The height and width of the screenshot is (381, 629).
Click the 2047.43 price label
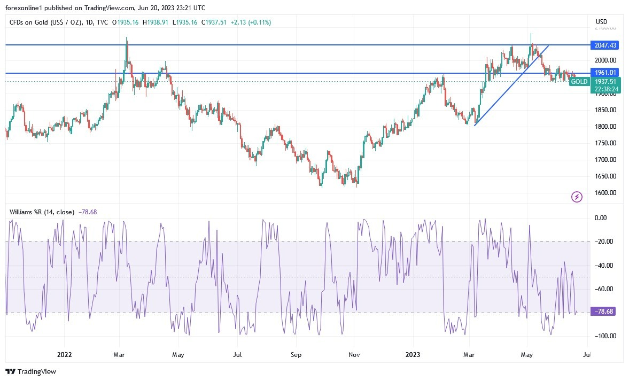(x=603, y=45)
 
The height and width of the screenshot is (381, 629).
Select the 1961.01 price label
(x=603, y=73)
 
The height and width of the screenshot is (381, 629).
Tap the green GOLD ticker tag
(x=579, y=82)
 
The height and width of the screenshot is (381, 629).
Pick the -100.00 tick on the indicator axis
(x=604, y=336)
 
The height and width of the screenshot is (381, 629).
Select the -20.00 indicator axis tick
(x=605, y=242)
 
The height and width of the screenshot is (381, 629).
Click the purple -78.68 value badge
(x=603, y=312)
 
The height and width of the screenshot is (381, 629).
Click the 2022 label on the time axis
(x=64, y=354)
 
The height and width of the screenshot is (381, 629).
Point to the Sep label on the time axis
(x=297, y=354)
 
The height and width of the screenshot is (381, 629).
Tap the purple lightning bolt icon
(x=577, y=197)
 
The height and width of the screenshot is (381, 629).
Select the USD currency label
(x=602, y=22)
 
